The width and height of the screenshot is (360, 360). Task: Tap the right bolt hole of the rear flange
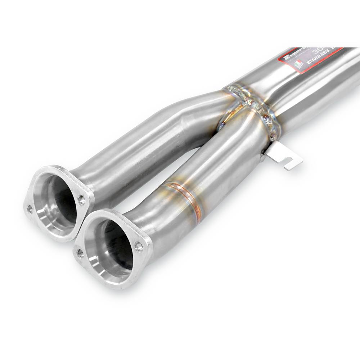point(81,199)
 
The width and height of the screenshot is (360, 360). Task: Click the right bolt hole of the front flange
point(139,246)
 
